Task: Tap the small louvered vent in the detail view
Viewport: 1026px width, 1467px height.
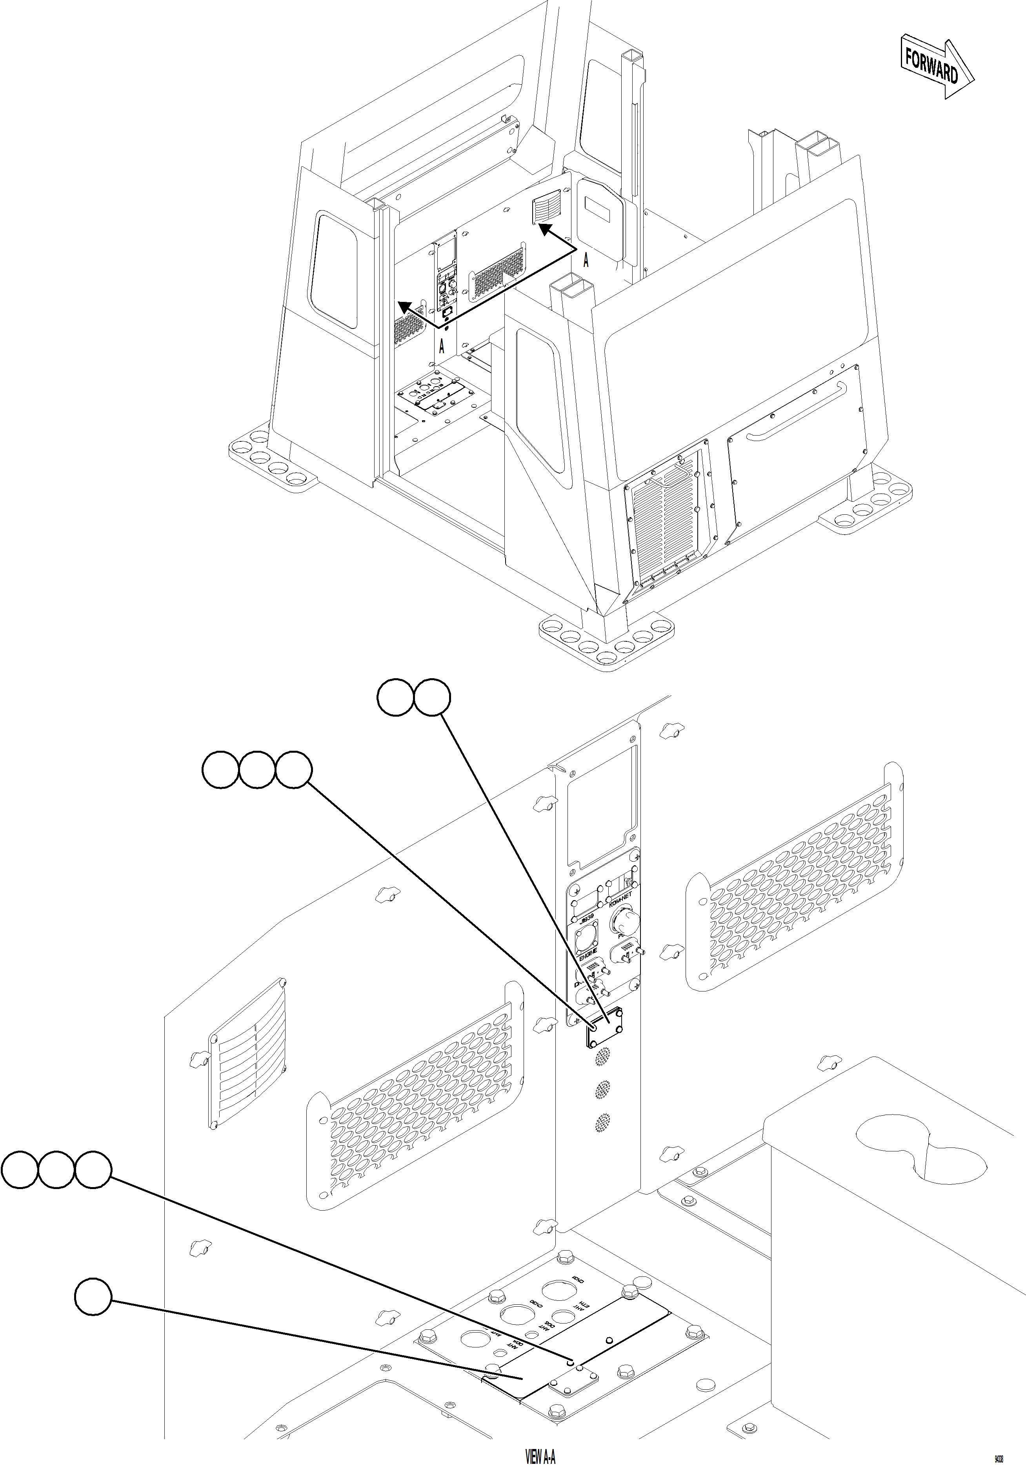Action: point(247,1062)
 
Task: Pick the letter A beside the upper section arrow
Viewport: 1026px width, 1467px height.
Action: point(586,260)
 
